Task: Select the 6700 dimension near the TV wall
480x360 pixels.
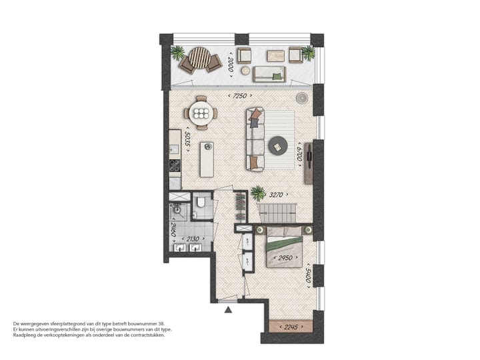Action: pyautogui.click(x=299, y=155)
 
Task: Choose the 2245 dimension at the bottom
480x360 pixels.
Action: pyautogui.click(x=289, y=327)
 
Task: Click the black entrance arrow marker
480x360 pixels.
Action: pyautogui.click(x=229, y=309)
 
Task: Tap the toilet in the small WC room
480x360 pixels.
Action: pyautogui.click(x=202, y=203)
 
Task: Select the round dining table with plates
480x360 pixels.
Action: pyautogui.click(x=201, y=113)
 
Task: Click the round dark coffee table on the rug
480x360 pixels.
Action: pyautogui.click(x=277, y=145)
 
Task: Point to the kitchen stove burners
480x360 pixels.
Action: pyautogui.click(x=174, y=166)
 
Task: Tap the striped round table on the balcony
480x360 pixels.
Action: pyautogui.click(x=199, y=57)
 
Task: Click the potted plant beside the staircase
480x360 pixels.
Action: pyautogui.click(x=258, y=194)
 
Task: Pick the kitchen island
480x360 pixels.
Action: pyautogui.click(x=207, y=159)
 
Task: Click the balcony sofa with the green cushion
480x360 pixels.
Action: pyautogui.click(x=269, y=73)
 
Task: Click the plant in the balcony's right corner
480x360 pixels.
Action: pyautogui.click(x=308, y=53)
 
